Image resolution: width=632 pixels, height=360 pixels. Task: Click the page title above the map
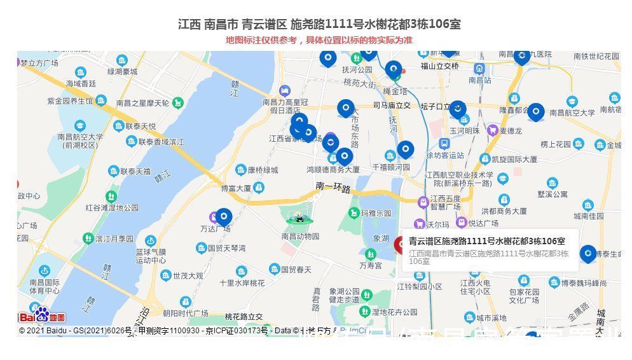(x=319, y=24)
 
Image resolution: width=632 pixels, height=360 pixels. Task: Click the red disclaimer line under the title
(x=319, y=40)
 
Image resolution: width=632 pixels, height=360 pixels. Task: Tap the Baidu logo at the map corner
(x=42, y=316)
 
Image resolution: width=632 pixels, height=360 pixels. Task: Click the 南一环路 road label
(x=333, y=186)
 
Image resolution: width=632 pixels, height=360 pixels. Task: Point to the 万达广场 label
(x=216, y=228)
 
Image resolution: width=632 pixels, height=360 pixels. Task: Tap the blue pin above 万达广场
(x=224, y=217)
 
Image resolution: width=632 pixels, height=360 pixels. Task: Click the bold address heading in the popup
(x=486, y=241)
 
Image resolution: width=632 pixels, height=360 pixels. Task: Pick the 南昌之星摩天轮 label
(x=142, y=103)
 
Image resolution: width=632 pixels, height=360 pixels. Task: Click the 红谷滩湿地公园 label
(x=112, y=207)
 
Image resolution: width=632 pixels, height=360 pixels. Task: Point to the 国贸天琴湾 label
(x=226, y=247)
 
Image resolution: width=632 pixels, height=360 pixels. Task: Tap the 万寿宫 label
(x=371, y=265)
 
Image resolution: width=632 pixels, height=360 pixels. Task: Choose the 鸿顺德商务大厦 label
(x=333, y=170)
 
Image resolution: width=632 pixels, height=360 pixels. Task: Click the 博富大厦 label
(x=236, y=188)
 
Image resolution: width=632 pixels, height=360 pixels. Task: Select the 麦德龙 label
(x=511, y=130)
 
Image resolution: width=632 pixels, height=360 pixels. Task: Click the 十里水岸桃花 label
(x=242, y=283)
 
